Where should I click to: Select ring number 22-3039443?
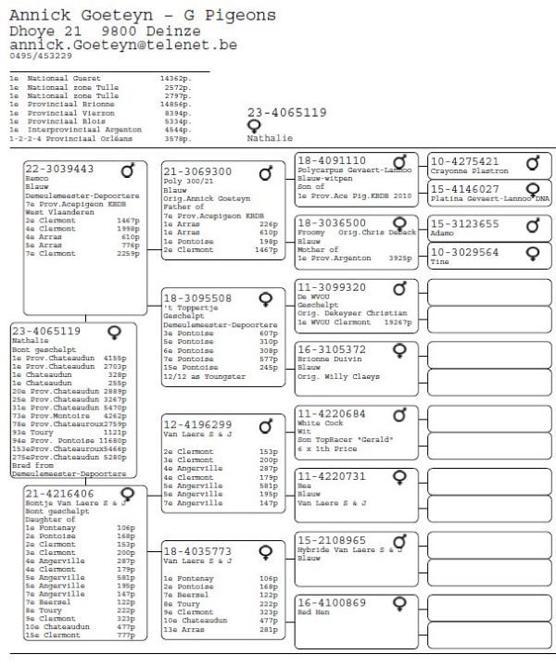pos(59,169)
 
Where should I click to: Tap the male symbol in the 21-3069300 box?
pos(266,173)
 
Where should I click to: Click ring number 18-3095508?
pos(197,298)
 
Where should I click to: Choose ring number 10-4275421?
pos(466,161)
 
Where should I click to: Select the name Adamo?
pos(445,235)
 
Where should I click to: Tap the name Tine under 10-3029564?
pos(440,262)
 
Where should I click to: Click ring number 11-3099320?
pos(332,287)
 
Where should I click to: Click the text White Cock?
pos(321,424)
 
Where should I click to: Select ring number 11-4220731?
pos(332,475)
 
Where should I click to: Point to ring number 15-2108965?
pos(332,539)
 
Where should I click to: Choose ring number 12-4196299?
pos(197,424)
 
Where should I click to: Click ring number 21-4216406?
pos(59,494)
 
